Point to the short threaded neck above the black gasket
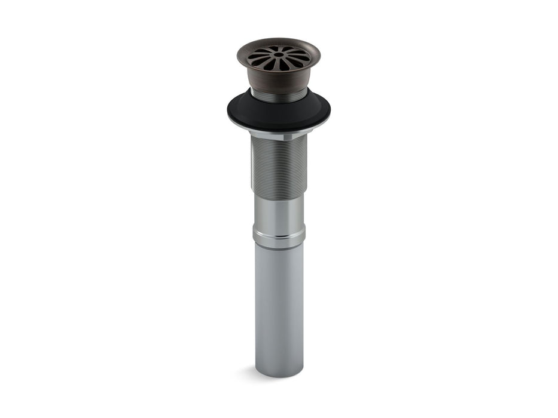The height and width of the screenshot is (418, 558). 278,96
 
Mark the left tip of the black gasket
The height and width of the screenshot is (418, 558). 229,111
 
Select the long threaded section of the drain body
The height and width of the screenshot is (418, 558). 279,167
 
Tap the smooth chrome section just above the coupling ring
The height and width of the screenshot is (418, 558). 279,210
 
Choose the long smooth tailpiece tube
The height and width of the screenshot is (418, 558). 279,305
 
